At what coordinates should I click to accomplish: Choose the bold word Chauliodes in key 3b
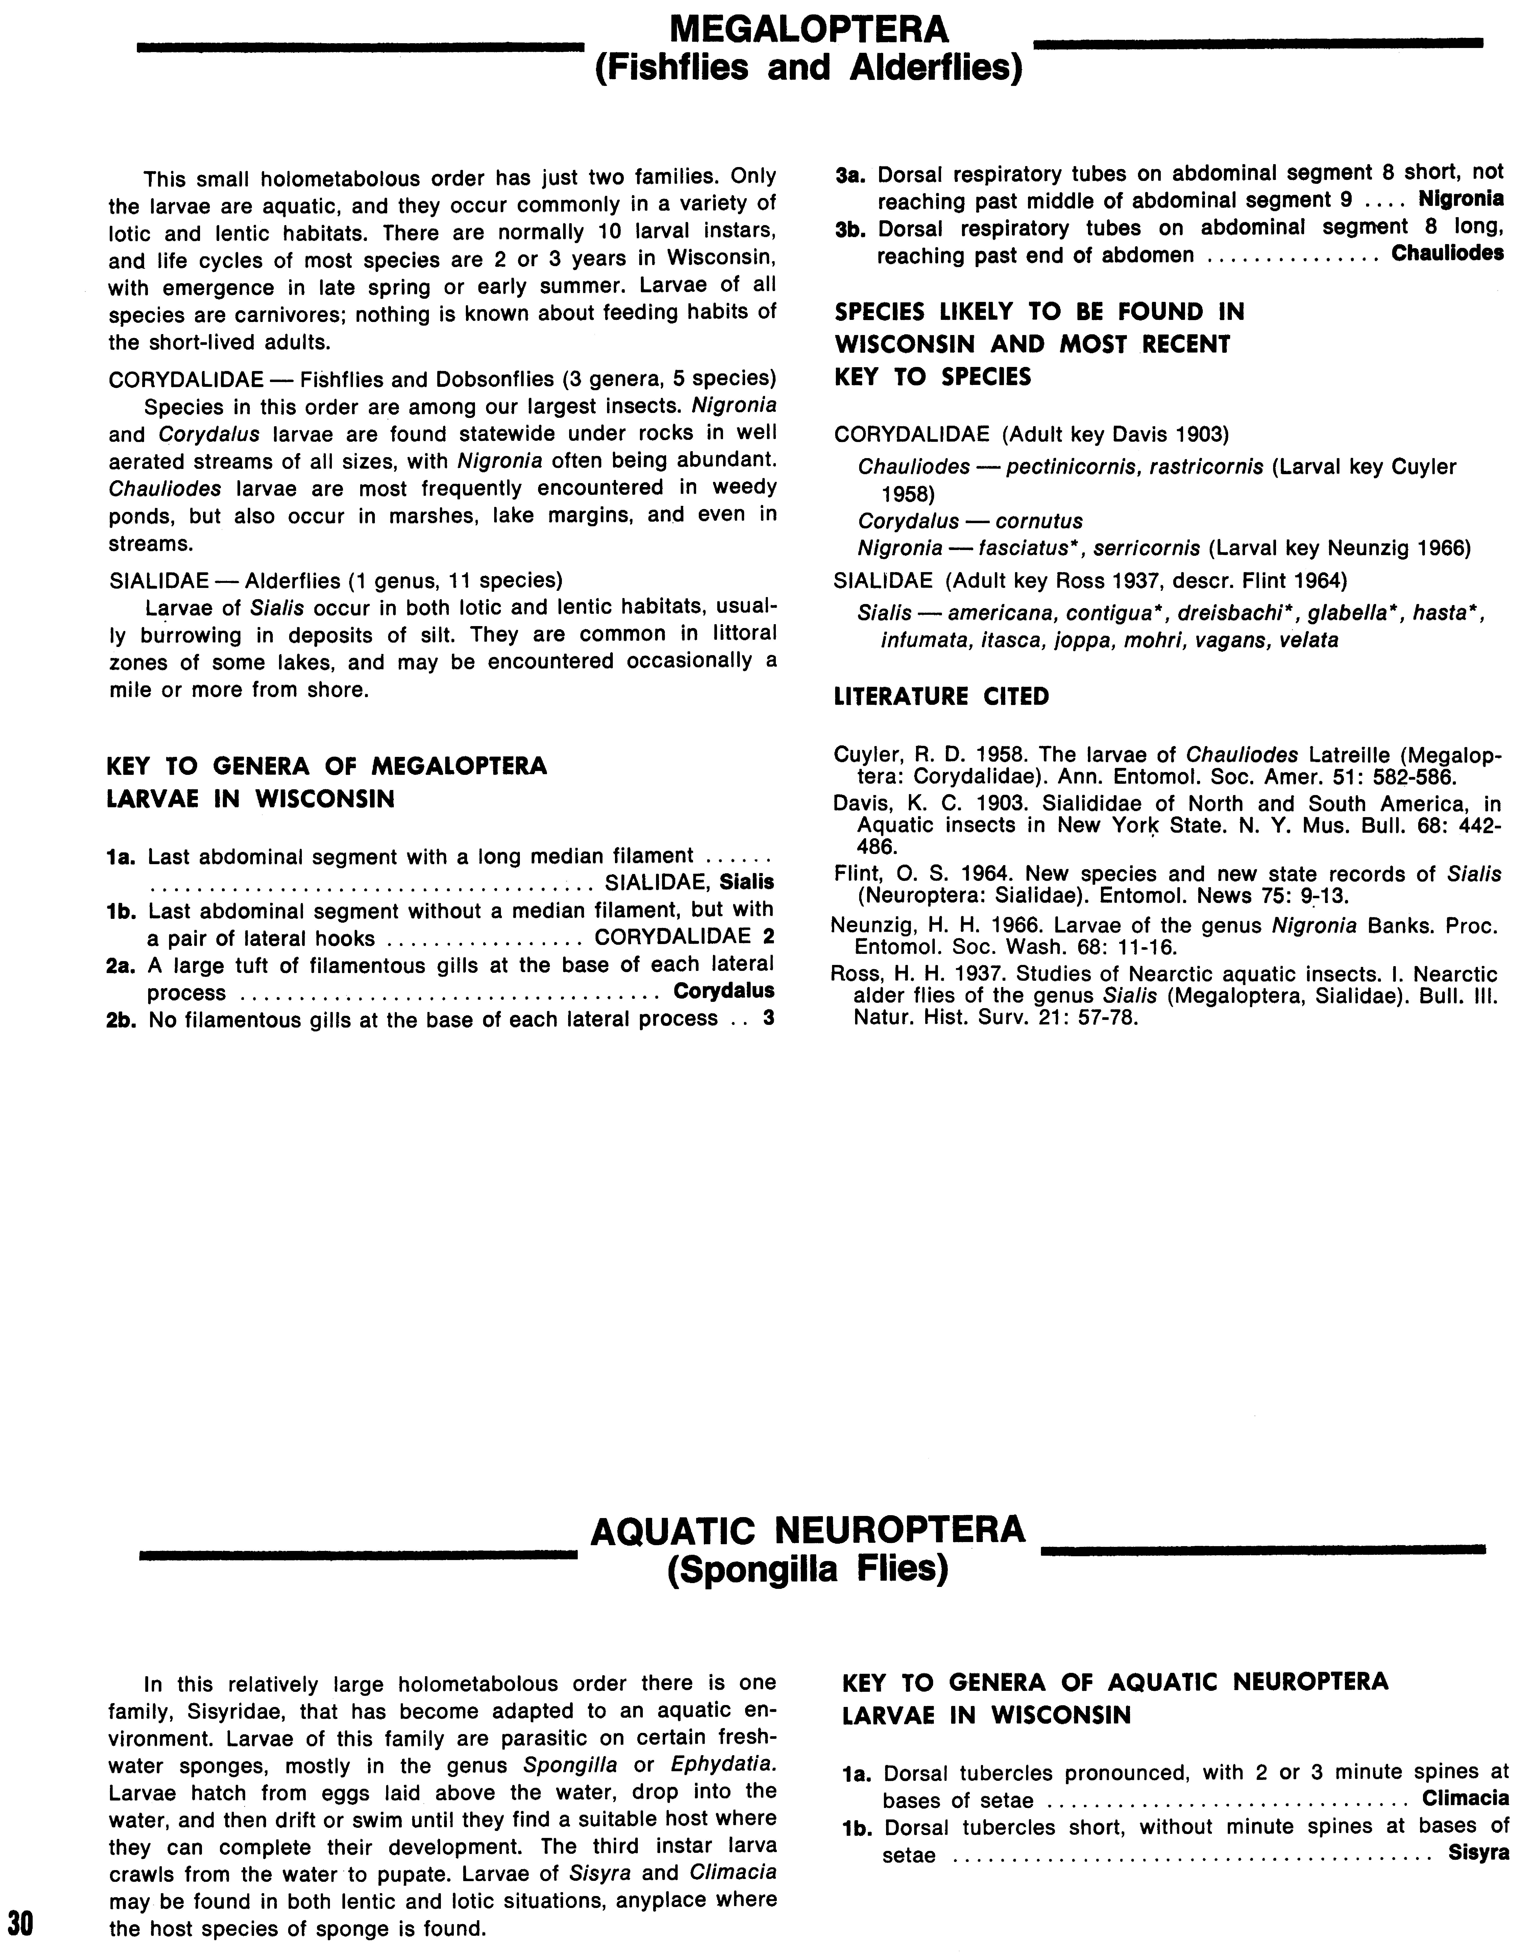(x=1446, y=254)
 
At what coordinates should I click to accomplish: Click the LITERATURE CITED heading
(x=941, y=697)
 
